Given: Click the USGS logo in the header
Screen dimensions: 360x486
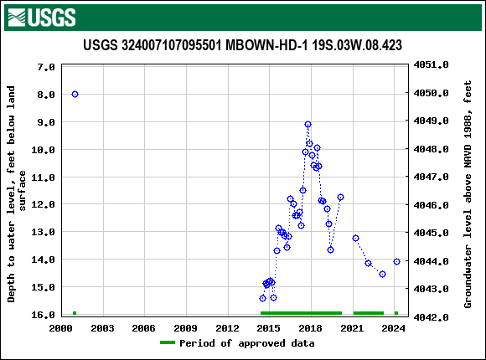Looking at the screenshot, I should pyautogui.click(x=41, y=17).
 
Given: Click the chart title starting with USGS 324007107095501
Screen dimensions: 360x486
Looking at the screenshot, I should pyautogui.click(x=242, y=45).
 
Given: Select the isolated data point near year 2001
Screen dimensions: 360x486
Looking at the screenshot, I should pyautogui.click(x=75, y=94).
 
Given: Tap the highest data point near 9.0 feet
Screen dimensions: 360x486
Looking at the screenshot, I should pyautogui.click(x=308, y=124).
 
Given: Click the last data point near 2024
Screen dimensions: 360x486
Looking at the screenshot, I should pyautogui.click(x=396, y=261).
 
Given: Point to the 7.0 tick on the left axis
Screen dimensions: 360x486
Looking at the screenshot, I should pyautogui.click(x=46, y=66).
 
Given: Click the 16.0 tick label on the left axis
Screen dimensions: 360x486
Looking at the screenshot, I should pyautogui.click(x=43, y=315).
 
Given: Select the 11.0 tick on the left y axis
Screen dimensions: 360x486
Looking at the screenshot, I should pyautogui.click(x=43, y=177).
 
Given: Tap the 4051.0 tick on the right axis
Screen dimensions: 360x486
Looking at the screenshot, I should pyautogui.click(x=432, y=64).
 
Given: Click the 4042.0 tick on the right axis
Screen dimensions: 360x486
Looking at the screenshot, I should pyautogui.click(x=432, y=317).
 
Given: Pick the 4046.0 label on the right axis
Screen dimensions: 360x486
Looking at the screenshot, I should pyautogui.click(x=432, y=205).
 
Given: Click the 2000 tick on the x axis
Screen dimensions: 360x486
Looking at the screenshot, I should pyautogui.click(x=60, y=328).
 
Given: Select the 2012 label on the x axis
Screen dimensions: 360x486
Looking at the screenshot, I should pyautogui.click(x=227, y=328).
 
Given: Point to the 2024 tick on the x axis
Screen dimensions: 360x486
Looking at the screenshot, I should pyautogui.click(x=394, y=328).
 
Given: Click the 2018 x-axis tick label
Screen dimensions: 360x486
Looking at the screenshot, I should pyautogui.click(x=310, y=328).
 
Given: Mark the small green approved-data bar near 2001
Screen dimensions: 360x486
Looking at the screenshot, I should pyautogui.click(x=75, y=313).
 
